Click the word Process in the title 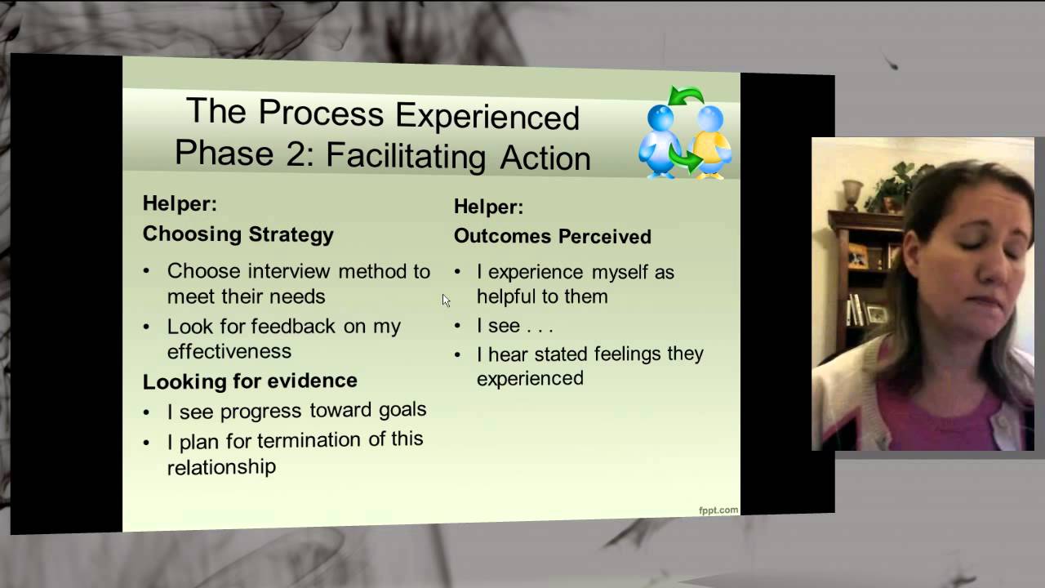click(x=321, y=113)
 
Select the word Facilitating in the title click(x=406, y=156)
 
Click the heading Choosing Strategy click(x=238, y=234)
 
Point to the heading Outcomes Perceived click(x=553, y=236)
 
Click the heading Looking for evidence click(x=250, y=381)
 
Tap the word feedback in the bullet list click(x=293, y=326)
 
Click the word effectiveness click(x=229, y=351)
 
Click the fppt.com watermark click(x=718, y=510)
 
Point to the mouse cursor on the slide click(x=446, y=301)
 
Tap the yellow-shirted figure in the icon click(x=709, y=142)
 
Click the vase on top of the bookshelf click(x=852, y=195)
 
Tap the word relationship click(x=221, y=466)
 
